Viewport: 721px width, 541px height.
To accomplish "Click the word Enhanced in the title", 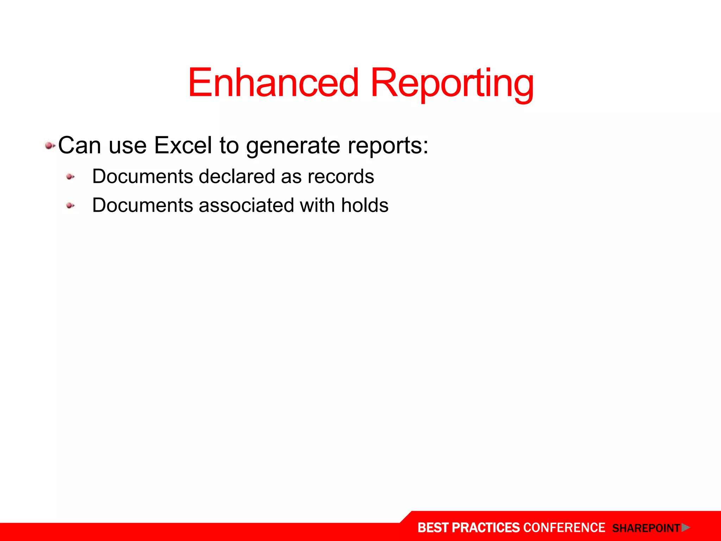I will click(273, 83).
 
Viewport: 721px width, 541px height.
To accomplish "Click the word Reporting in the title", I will click(452, 84).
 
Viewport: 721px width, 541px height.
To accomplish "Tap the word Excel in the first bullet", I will click(183, 145).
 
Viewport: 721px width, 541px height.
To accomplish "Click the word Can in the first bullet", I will click(79, 145).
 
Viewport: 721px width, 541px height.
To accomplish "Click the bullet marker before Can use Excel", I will click(50, 145).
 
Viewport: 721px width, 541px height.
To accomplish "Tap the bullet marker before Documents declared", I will click(70, 177).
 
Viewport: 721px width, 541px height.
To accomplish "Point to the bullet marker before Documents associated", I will click(70, 206).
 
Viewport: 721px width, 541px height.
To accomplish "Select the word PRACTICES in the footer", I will click(485, 528).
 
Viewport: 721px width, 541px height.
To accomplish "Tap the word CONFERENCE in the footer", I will click(564, 528).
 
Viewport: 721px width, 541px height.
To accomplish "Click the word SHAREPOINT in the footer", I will click(646, 528).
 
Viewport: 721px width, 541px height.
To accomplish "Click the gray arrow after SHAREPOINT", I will click(685, 528).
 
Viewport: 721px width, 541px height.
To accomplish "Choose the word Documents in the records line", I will click(143, 176).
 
